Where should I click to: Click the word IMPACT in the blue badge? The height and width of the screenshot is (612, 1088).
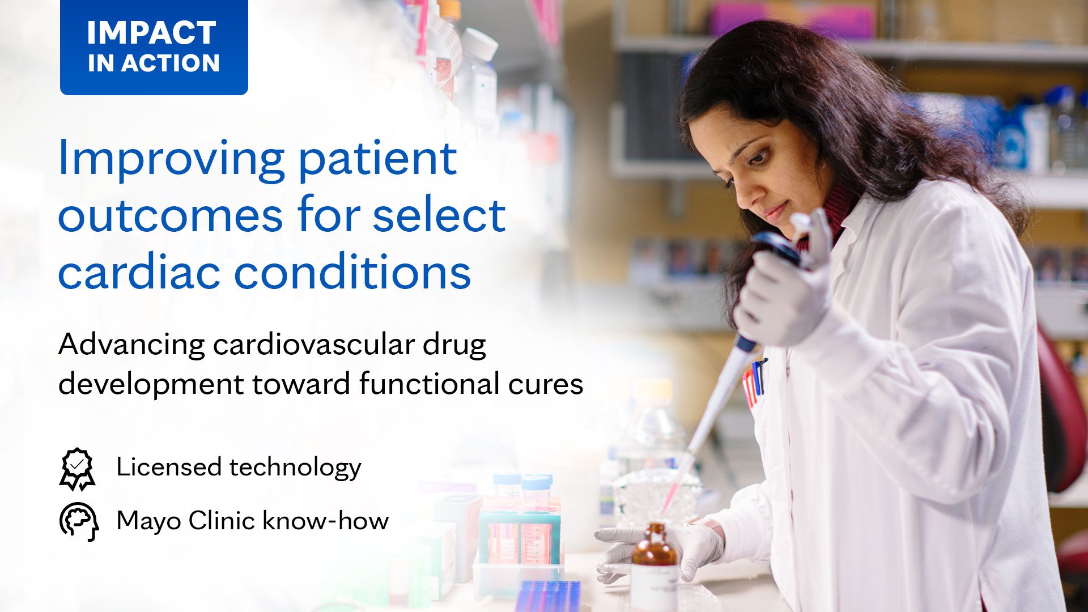[x=151, y=32]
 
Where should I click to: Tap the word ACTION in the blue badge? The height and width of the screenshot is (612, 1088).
[x=171, y=63]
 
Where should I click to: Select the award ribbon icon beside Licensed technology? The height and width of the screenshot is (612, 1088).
[x=77, y=469]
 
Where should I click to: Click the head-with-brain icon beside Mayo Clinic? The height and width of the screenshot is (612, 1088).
[x=79, y=521]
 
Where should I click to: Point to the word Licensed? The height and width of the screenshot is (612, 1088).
[x=169, y=467]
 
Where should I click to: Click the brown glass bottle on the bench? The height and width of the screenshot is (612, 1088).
[x=654, y=567]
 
